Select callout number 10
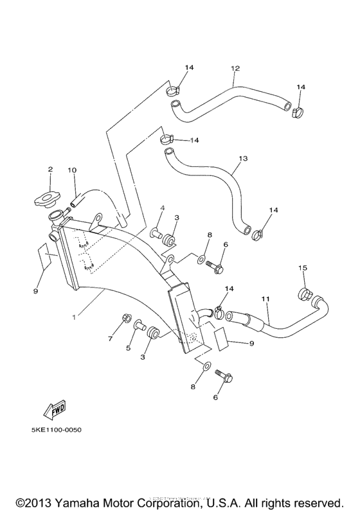pyautogui.click(x=72, y=170)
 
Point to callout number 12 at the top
pyautogui.click(x=235, y=67)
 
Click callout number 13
pyautogui.click(x=242, y=157)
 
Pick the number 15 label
pyautogui.click(x=302, y=267)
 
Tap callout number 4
pyautogui.click(x=163, y=208)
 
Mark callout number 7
pyautogui.click(x=111, y=338)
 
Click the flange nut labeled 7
pyautogui.click(x=126, y=318)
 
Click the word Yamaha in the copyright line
pyautogui.click(x=82, y=502)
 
